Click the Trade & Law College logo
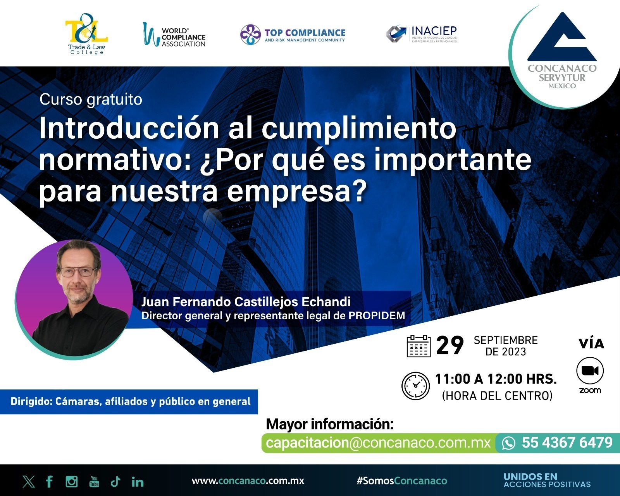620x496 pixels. [86, 34]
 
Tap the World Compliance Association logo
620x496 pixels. [174, 34]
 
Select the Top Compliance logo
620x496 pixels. [293, 34]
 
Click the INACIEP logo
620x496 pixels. [422, 34]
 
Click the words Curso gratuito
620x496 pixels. [91, 100]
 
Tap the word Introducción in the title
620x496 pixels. [129, 128]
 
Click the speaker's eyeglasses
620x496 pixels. [78, 272]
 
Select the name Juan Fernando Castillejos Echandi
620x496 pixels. [246, 302]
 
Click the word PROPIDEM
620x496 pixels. [377, 315]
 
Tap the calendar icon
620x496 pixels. [418, 346]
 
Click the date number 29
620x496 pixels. [450, 346]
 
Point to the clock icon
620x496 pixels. [415, 386]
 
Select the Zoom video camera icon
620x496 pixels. [590, 370]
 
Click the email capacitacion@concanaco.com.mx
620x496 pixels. [378, 443]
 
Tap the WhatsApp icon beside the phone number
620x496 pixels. [508, 443]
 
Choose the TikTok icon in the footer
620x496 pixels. [115, 481]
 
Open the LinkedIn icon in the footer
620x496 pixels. [138, 482]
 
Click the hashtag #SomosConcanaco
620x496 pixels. [402, 481]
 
